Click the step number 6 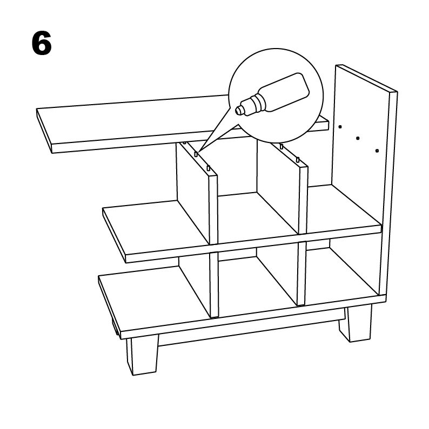click(x=42, y=43)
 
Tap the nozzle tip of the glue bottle click(x=238, y=110)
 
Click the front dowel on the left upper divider click(x=209, y=168)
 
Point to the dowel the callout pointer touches click(x=196, y=154)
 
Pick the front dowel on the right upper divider click(x=298, y=160)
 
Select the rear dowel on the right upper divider click(x=281, y=146)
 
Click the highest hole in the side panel click(x=340, y=127)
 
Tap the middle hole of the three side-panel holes click(x=358, y=138)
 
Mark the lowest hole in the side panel click(x=377, y=151)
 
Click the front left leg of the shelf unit click(x=143, y=355)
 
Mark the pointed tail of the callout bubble click(x=199, y=151)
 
